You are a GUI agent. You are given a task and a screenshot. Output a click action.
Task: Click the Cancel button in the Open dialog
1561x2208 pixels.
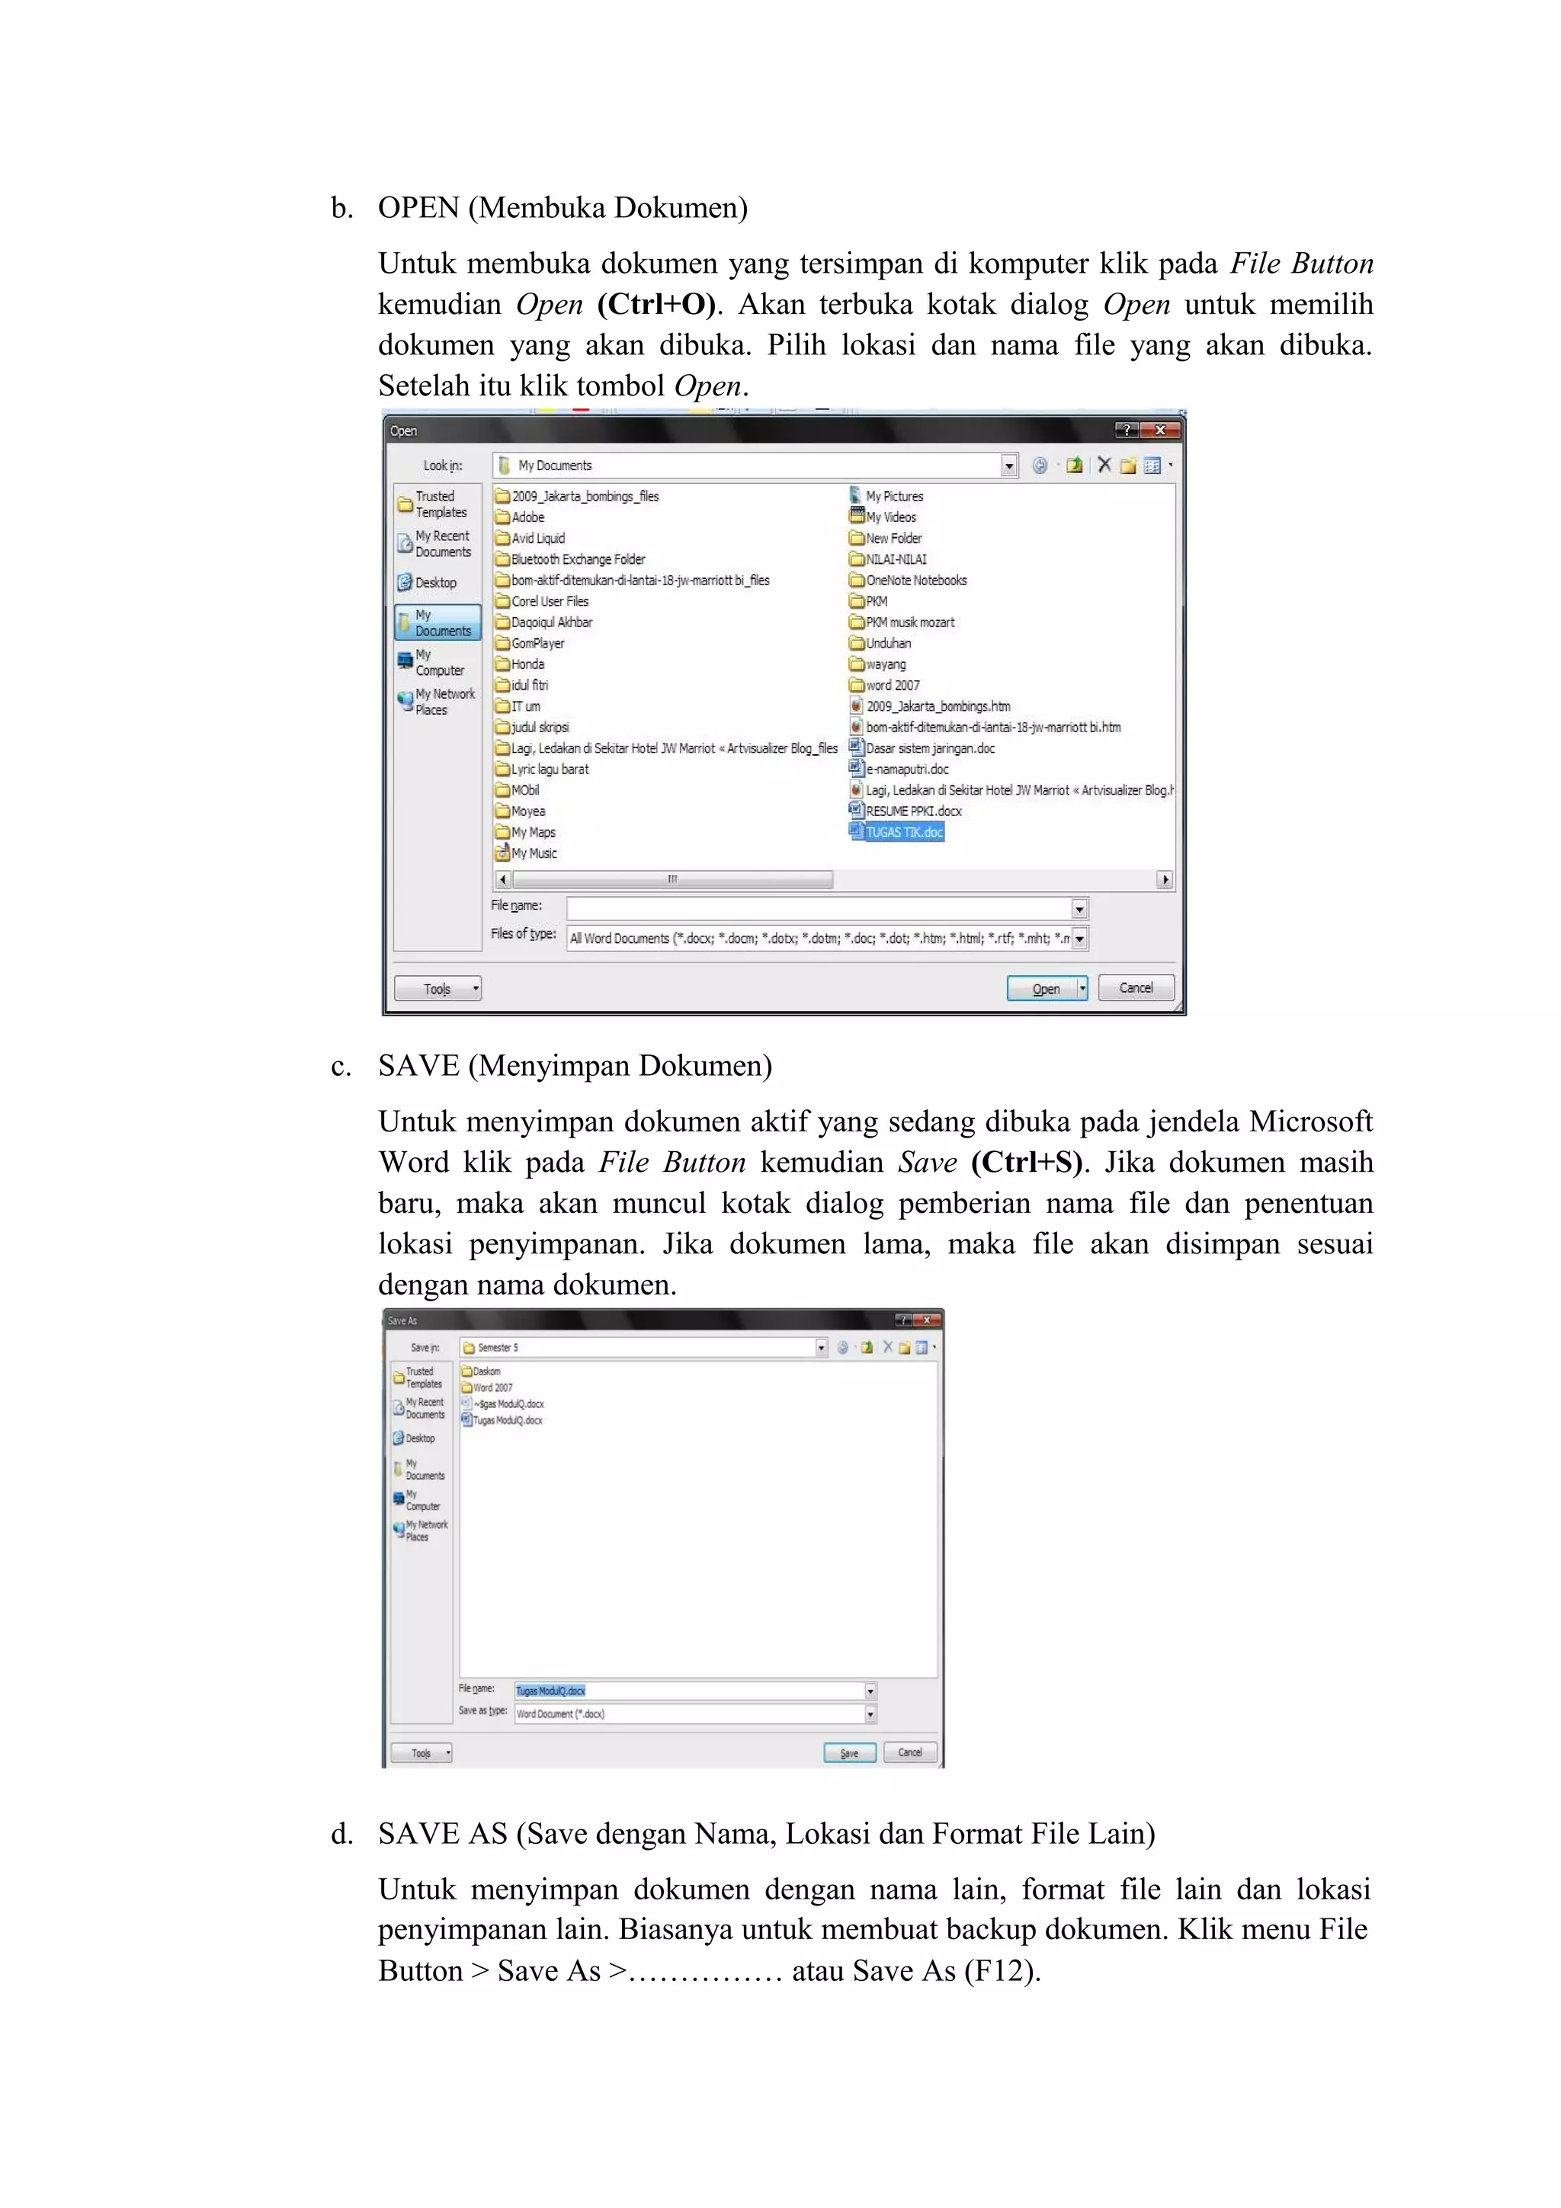tap(1135, 987)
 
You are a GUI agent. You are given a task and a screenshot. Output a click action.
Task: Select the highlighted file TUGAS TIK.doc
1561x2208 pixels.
tap(903, 832)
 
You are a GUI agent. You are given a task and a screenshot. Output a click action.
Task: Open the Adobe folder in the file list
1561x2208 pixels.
tap(527, 517)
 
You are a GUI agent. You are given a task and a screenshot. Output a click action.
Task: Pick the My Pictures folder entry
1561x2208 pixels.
tap(893, 496)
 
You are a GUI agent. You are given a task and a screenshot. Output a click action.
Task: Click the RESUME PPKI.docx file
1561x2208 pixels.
tap(913, 811)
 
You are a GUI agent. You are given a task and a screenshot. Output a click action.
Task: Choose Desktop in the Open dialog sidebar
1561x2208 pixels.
tap(434, 583)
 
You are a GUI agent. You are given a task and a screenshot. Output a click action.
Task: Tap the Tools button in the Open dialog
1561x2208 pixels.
tap(438, 989)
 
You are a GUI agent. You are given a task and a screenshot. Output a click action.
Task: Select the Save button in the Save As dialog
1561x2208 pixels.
tap(849, 1752)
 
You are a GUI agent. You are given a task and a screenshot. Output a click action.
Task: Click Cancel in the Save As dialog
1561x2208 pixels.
tap(910, 1752)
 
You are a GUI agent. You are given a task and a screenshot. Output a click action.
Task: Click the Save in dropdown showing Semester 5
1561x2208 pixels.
tap(643, 1347)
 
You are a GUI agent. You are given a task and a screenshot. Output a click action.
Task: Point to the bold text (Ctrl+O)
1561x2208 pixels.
tap(657, 305)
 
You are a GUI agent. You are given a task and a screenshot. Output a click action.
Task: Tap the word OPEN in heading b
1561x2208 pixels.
tap(418, 208)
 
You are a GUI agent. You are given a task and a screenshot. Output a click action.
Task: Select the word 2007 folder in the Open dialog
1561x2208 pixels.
tap(892, 686)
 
